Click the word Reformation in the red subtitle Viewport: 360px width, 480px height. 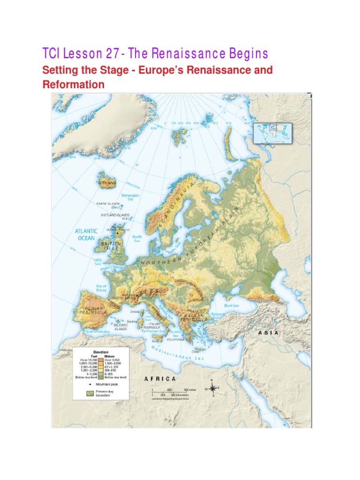(x=73, y=85)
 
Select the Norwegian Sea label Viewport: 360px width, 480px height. (x=131, y=197)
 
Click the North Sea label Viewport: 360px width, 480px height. (x=137, y=239)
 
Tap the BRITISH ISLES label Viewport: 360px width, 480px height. (x=111, y=246)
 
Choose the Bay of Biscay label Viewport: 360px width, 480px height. (x=101, y=288)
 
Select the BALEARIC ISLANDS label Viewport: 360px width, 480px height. (x=120, y=327)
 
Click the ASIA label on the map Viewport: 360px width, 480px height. (x=269, y=332)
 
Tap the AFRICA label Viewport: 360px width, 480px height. (x=160, y=378)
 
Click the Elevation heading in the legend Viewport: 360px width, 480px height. (x=100, y=352)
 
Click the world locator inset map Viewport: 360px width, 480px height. (x=272, y=132)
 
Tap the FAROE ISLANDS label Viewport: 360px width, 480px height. (x=109, y=204)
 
